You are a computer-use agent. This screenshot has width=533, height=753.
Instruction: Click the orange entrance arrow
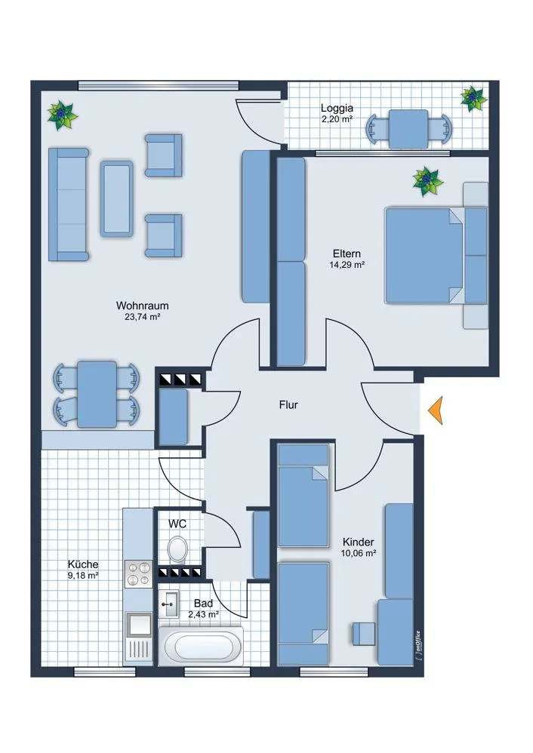[x=436, y=411]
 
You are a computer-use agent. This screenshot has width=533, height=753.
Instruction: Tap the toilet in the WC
[x=178, y=549]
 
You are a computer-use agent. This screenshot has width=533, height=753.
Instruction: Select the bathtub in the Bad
[x=201, y=646]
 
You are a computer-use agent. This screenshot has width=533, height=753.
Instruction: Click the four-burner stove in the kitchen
[x=138, y=574]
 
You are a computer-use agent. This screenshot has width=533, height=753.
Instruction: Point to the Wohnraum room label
[x=142, y=306]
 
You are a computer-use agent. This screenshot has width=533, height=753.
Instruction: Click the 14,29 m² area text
[x=347, y=265]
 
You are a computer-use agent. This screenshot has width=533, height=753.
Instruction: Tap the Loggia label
[x=337, y=109]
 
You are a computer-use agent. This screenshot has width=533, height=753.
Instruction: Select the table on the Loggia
[x=408, y=129]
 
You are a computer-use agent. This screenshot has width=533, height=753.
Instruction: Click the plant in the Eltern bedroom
[x=427, y=182]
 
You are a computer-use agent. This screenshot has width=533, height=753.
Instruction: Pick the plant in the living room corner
[x=63, y=115]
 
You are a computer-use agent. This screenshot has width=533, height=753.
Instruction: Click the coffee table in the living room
[x=117, y=199]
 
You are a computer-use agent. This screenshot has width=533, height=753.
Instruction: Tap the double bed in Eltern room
[x=424, y=256]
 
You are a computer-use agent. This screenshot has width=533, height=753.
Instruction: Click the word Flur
[x=288, y=405]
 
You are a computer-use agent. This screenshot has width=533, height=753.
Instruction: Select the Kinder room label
[x=358, y=542]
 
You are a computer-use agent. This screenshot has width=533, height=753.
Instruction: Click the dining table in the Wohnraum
[x=97, y=395]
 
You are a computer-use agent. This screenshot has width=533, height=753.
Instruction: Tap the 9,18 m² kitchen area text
[x=84, y=576]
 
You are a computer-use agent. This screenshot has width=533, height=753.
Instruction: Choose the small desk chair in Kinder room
[x=364, y=634]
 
